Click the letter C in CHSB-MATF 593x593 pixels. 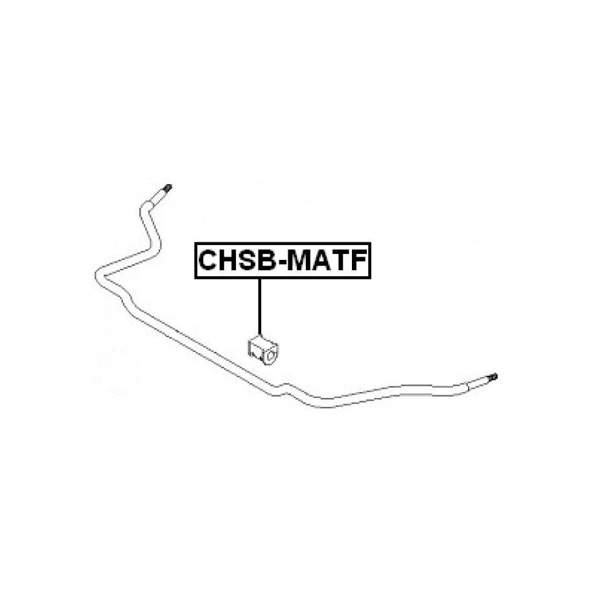coord(207,260)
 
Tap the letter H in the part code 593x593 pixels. coord(229,260)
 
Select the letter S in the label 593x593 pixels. coord(250,260)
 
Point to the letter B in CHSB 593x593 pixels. coord(269,260)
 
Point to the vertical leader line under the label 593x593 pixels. coord(260,307)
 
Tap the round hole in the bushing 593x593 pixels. coord(270,356)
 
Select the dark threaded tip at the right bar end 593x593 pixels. coord(493,377)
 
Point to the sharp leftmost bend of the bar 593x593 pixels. coord(99,276)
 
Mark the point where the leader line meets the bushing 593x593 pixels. coord(260,336)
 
